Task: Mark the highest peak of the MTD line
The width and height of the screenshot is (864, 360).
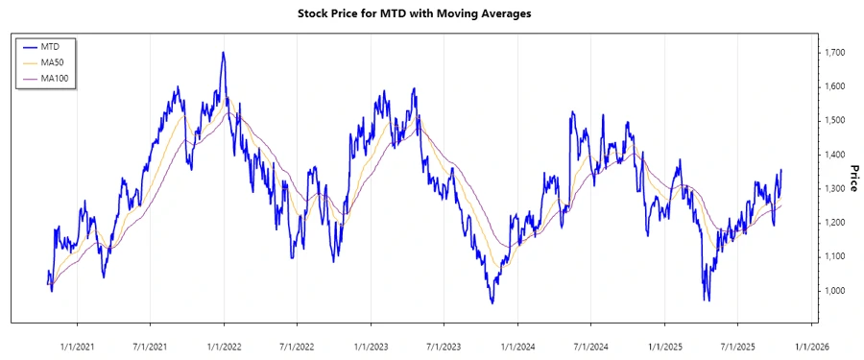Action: (x=223, y=53)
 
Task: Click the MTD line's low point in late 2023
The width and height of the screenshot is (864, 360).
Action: (x=492, y=303)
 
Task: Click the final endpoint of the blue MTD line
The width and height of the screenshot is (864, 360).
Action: (x=781, y=170)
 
